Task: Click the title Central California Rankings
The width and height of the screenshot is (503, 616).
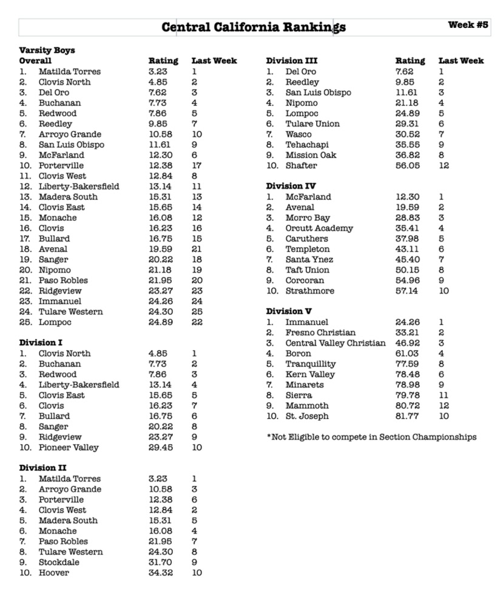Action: [x=254, y=27]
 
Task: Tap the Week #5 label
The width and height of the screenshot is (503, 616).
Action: [x=468, y=25]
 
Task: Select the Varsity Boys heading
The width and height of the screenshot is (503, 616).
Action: [x=47, y=50]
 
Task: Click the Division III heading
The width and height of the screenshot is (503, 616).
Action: [x=291, y=61]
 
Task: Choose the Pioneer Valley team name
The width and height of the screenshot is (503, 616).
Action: [x=68, y=447]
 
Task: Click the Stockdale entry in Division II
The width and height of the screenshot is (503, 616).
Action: [x=59, y=562]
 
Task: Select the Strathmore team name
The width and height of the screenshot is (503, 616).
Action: [x=309, y=291]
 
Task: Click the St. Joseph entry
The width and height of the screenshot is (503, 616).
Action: [x=307, y=416]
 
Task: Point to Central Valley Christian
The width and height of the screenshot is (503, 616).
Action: [x=335, y=343]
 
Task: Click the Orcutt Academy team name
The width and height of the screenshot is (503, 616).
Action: [x=319, y=228]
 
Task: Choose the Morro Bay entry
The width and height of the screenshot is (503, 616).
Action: [x=308, y=218]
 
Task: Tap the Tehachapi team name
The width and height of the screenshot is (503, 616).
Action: [x=308, y=144]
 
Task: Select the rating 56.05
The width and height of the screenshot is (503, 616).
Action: [x=407, y=165]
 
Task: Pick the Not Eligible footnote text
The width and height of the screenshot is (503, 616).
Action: [x=371, y=437]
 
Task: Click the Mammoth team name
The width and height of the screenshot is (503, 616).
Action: [x=307, y=405]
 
